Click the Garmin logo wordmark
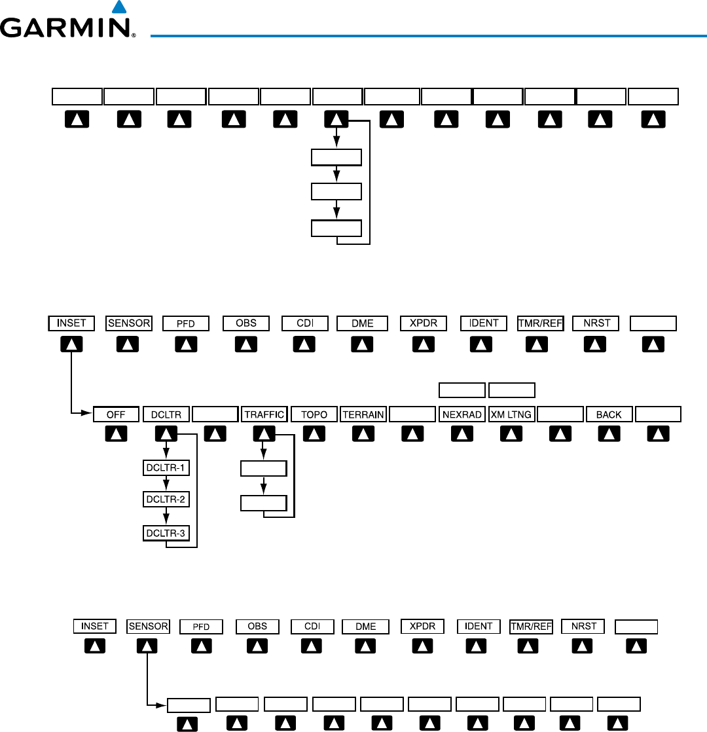coord(67,28)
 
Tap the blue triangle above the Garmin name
coord(118,8)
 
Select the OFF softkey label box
coord(116,414)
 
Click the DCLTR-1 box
coord(166,467)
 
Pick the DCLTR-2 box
coord(166,500)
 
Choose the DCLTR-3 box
coord(166,533)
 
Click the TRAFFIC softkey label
coord(264,414)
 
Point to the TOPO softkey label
coord(314,414)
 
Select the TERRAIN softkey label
coord(363,414)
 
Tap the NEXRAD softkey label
coord(462,414)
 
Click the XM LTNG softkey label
coord(511,414)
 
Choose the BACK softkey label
coord(609,414)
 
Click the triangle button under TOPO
coord(314,433)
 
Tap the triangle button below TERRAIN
coord(363,433)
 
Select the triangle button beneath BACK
coord(609,433)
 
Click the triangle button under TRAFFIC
coord(264,433)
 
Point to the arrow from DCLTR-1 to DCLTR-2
coord(166,484)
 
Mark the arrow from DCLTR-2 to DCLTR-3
coord(166,517)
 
